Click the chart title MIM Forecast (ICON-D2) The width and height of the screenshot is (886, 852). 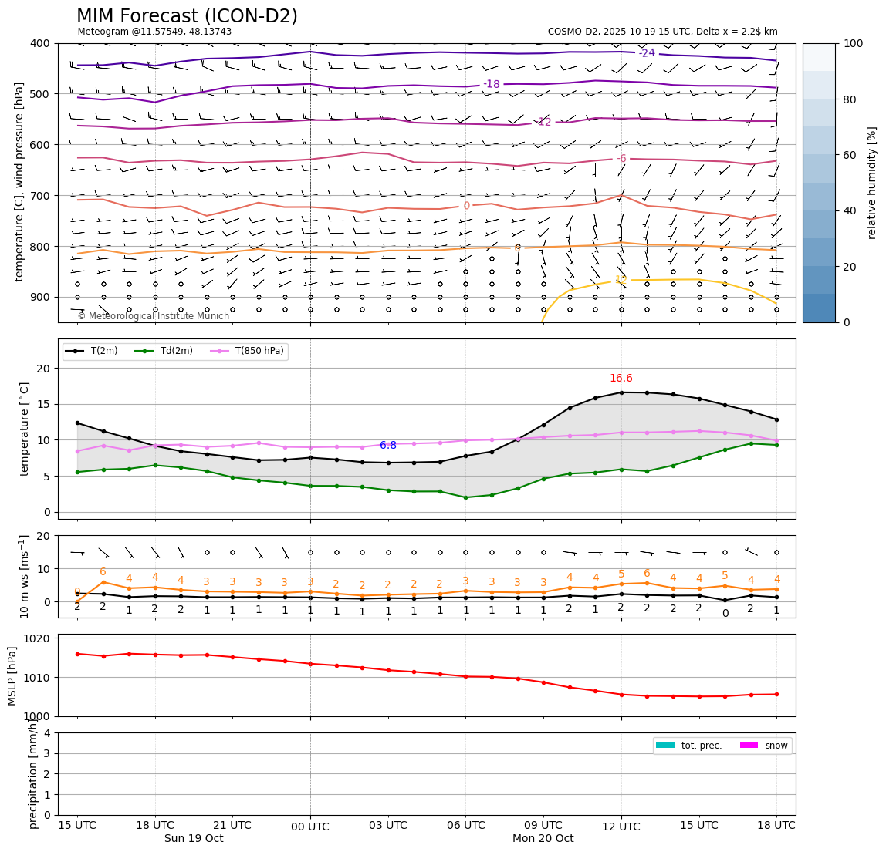[187, 16]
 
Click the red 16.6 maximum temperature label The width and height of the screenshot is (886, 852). [621, 379]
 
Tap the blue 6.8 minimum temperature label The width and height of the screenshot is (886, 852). [387, 446]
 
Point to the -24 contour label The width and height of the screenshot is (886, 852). [647, 53]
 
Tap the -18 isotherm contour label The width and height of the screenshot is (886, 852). [491, 84]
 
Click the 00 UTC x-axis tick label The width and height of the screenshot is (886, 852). [310, 827]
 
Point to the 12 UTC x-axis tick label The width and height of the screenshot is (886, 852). [621, 827]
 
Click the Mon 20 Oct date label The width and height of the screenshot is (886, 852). [543, 839]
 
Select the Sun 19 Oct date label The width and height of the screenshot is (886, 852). [194, 839]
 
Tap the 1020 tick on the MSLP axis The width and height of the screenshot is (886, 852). [38, 638]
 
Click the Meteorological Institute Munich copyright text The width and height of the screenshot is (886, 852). [153, 316]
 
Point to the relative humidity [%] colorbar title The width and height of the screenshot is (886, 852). [872, 183]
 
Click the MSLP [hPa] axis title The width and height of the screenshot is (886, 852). [12, 675]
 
